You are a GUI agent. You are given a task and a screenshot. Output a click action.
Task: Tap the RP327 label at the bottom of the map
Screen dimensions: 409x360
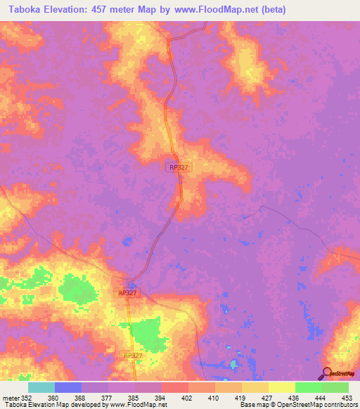pyautogui.click(x=134, y=356)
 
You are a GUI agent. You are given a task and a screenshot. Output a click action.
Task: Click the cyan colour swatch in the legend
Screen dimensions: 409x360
pyautogui.click(x=41, y=388)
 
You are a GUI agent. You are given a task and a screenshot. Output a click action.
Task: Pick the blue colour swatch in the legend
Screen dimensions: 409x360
pyautogui.click(x=68, y=388)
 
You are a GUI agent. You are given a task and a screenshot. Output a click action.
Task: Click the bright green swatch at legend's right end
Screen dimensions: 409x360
pyautogui.click(x=335, y=388)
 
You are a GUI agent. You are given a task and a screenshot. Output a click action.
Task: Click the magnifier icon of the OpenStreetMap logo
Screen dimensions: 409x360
pyautogui.click(x=328, y=373)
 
